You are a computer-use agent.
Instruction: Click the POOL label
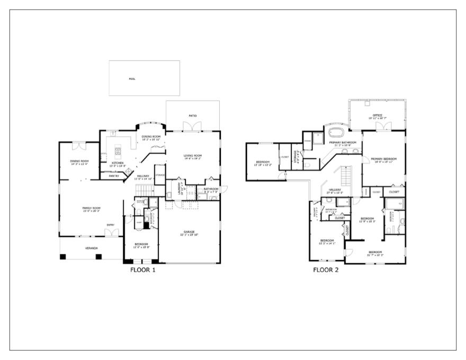coord(132,79)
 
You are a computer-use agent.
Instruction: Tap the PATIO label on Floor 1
coord(193,115)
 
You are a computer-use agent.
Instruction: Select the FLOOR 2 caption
coord(326,269)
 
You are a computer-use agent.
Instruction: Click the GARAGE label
coord(189,232)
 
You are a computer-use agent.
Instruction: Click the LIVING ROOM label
coord(193,156)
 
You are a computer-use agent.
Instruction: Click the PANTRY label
coord(114,176)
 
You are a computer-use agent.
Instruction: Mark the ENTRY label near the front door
coord(110,225)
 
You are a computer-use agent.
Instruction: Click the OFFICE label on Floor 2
coord(378,115)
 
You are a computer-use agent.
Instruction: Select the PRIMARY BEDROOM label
coord(384,159)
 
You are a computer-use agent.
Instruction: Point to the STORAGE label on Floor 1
coord(160,175)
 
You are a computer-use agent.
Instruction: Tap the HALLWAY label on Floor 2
coord(335,190)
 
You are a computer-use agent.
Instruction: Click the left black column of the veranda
coord(62,257)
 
